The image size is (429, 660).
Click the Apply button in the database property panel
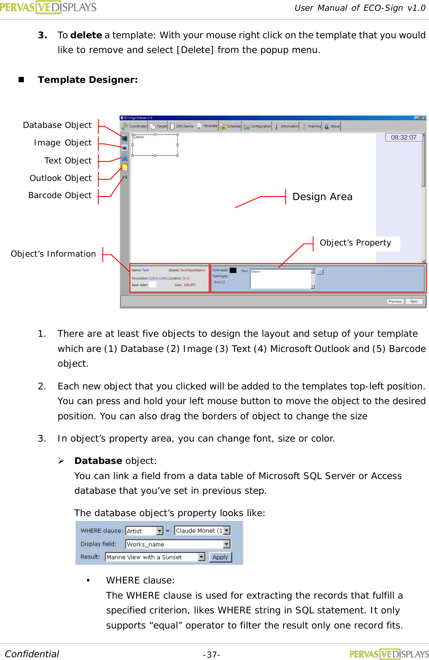(220, 557)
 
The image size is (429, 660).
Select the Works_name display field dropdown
(178, 544)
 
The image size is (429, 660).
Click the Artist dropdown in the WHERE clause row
(144, 531)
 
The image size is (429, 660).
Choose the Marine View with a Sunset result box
(155, 557)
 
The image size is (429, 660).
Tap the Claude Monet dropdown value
(202, 531)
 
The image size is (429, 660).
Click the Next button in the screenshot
(414, 301)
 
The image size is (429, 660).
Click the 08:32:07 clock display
(404, 137)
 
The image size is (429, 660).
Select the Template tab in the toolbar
(208, 126)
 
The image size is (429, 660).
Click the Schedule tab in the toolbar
(231, 126)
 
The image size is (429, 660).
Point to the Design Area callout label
(322, 197)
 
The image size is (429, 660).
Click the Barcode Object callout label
(60, 195)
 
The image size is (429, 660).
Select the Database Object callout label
(57, 125)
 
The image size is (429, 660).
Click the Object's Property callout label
(355, 243)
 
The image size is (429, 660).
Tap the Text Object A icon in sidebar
(125, 157)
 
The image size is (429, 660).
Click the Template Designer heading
(88, 80)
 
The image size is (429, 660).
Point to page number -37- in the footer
(212, 655)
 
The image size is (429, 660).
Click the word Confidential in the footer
(32, 654)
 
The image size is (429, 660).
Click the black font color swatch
(233, 270)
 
